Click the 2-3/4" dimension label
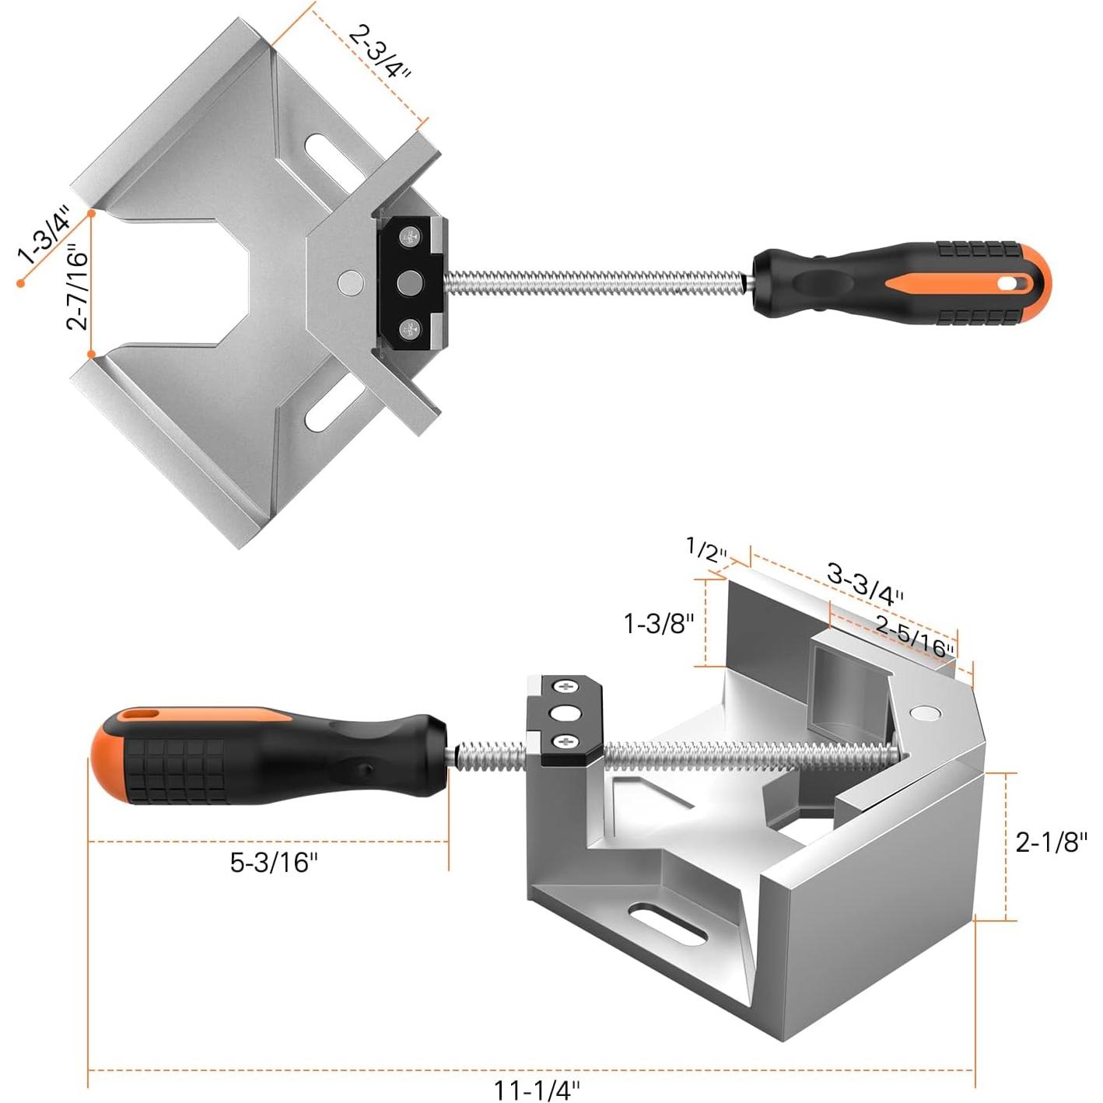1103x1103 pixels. pyautogui.click(x=379, y=51)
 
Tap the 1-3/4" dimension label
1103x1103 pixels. pyautogui.click(x=44, y=236)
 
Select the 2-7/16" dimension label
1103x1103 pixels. pyautogui.click(x=78, y=287)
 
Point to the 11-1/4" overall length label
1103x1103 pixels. pyautogui.click(x=537, y=1090)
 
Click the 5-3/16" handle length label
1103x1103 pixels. pyautogui.click(x=274, y=862)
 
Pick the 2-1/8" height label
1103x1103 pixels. pyautogui.click(x=1051, y=842)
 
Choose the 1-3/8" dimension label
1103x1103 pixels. pyautogui.click(x=659, y=623)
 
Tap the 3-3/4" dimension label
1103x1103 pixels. pyautogui.click(x=864, y=584)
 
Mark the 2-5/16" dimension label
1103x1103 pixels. pyautogui.click(x=914, y=636)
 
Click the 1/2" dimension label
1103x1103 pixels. pyautogui.click(x=706, y=550)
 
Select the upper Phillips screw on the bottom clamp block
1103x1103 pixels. pyautogui.click(x=566, y=687)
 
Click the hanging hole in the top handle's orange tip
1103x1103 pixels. pyautogui.click(x=1009, y=284)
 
